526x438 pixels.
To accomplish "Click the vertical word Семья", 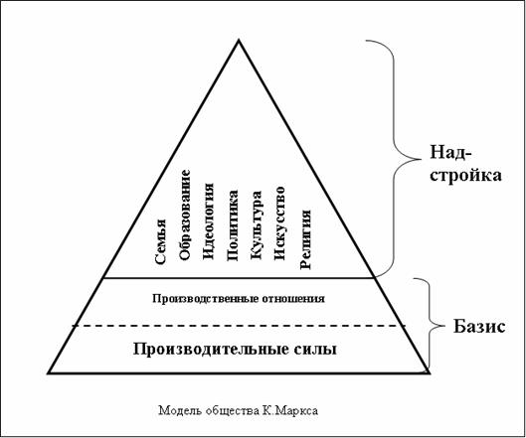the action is (x=161, y=241).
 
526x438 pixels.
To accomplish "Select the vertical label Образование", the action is (x=185, y=215).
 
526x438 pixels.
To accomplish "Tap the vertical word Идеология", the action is (x=209, y=221).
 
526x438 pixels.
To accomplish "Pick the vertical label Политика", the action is (x=233, y=225).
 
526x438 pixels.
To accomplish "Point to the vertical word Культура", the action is (x=257, y=225).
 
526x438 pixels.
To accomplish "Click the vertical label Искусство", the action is (x=279, y=223).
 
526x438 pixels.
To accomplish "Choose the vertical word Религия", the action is (x=305, y=239).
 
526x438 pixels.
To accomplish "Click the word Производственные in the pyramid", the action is (x=203, y=298).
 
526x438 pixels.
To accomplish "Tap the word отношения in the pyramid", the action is (x=290, y=298).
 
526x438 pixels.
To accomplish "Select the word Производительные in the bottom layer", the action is (x=211, y=350).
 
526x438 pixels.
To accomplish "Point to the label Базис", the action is (x=479, y=327).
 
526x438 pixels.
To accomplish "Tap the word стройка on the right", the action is (x=465, y=175).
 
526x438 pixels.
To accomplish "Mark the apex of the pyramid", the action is (x=239, y=40).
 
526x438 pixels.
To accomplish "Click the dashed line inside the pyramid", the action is (x=240, y=326).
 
